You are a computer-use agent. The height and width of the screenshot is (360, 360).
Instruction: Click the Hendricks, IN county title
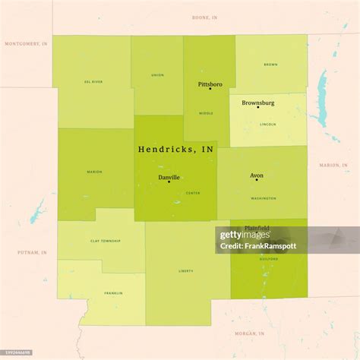175,150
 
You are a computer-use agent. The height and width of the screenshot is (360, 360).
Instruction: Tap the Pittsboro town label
210,84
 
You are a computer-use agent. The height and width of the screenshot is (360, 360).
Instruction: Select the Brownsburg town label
257,103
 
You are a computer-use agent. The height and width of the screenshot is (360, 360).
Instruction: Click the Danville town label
169,177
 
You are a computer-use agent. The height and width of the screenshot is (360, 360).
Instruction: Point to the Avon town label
257,175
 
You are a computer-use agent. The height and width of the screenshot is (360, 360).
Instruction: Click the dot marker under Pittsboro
210,89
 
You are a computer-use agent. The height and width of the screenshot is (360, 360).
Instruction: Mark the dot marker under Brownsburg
257,108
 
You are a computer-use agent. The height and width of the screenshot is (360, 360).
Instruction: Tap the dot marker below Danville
169,182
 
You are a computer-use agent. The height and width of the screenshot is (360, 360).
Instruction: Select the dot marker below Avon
257,181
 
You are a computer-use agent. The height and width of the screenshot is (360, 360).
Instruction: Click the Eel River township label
93,81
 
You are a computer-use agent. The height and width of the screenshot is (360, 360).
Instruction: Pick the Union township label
157,75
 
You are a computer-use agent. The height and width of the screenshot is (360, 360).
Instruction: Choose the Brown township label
270,65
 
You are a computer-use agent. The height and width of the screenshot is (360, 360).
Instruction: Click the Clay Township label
106,241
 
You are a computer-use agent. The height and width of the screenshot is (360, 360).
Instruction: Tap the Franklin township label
114,292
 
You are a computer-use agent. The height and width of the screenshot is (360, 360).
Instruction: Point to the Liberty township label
186,270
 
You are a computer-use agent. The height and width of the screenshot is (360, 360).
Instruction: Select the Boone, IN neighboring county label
204,16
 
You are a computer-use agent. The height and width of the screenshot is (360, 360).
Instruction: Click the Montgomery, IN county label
26,43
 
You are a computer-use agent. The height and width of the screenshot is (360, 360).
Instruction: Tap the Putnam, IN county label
33,251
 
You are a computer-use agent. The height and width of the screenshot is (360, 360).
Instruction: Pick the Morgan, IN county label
251,333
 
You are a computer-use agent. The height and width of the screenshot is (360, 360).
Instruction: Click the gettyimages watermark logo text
242,235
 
